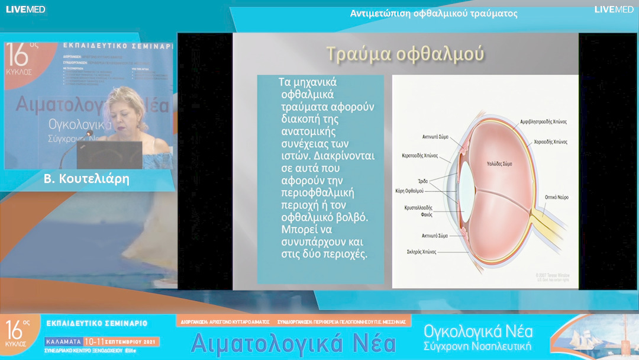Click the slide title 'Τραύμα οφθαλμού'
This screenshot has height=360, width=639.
(x=405, y=53)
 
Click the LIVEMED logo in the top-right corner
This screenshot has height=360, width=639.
(x=614, y=9)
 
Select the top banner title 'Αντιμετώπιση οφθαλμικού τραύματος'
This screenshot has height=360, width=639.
(x=434, y=13)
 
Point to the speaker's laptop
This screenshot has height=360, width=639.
(x=109, y=155)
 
